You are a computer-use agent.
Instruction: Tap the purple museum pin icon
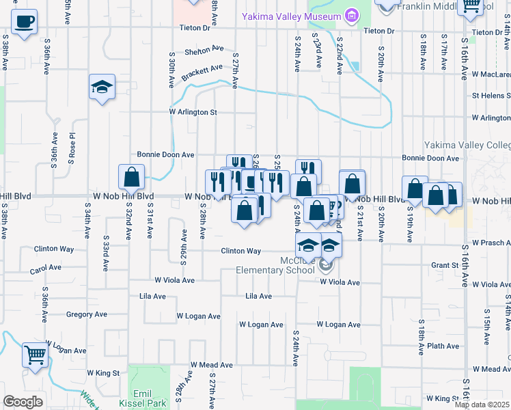pos(352,15)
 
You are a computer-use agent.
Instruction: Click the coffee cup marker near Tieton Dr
pos(25,22)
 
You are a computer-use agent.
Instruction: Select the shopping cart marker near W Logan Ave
pos(35,355)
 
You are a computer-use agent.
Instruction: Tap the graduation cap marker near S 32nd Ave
pos(102,87)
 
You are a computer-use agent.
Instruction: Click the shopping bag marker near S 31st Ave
pos(131,178)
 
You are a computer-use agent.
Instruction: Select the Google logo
pos(23,402)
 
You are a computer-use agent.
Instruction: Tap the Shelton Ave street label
pos(204,51)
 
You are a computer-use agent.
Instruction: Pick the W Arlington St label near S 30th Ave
pos(193,112)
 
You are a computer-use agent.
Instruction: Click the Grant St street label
pos(444,265)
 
